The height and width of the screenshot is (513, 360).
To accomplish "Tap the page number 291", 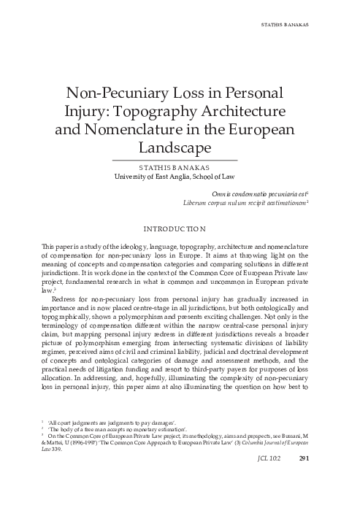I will pos(327,499).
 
